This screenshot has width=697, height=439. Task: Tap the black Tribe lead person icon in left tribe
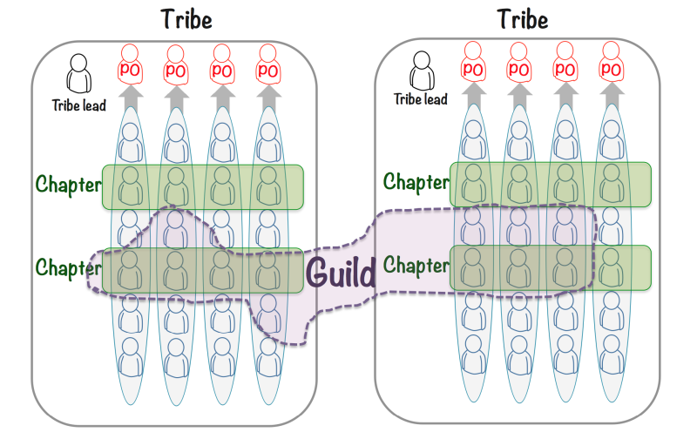[80, 74]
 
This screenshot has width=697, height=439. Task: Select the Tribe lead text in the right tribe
[421, 99]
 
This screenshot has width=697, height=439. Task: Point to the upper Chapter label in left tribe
[68, 185]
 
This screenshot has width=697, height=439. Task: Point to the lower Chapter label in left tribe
[68, 266]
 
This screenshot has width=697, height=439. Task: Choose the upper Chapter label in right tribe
[416, 182]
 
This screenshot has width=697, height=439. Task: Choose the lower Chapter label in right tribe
[416, 263]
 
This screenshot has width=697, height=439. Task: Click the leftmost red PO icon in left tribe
[130, 64]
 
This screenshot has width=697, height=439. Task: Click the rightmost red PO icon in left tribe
[267, 64]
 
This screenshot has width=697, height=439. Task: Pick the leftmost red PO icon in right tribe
[473, 63]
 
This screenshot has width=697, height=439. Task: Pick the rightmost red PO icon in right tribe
[611, 63]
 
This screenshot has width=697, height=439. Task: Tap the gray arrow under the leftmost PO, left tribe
[130, 96]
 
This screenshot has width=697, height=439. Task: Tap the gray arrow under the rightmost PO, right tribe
[611, 93]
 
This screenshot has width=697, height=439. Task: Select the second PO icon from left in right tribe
[519, 63]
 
